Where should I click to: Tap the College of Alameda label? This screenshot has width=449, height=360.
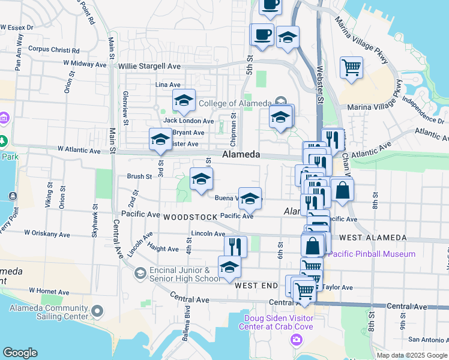[x=235, y=103]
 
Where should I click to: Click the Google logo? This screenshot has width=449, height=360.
[x=20, y=353]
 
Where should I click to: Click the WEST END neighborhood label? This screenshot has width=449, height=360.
[x=256, y=286]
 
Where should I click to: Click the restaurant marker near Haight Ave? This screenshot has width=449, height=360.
[x=235, y=246]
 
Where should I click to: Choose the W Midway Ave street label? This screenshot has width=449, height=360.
[x=82, y=63]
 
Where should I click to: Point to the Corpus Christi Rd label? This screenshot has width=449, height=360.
[x=50, y=49]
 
